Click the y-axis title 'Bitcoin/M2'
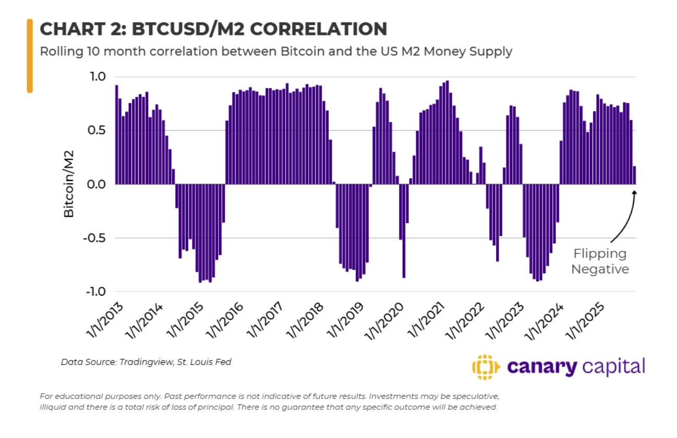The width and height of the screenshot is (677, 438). (68, 184)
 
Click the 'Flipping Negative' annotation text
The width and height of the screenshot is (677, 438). (600, 261)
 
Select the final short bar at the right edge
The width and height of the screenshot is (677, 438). (634, 175)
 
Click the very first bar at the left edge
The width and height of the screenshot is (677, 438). (116, 135)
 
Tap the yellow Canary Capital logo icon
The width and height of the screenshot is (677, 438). (482, 367)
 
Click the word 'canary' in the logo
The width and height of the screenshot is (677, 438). (542, 367)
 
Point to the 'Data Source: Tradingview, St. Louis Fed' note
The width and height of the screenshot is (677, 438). (146, 362)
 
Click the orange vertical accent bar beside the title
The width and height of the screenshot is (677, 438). (30, 56)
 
